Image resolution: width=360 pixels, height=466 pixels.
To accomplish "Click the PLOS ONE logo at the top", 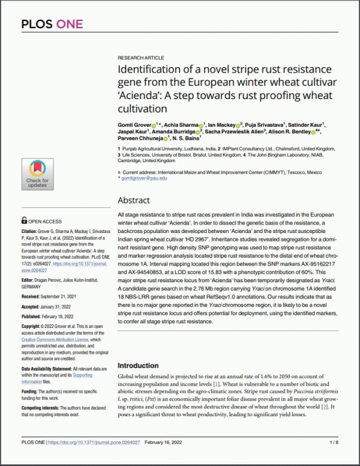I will (x=52, y=25).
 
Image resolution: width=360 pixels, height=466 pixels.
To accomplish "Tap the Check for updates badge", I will (x=37, y=174).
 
